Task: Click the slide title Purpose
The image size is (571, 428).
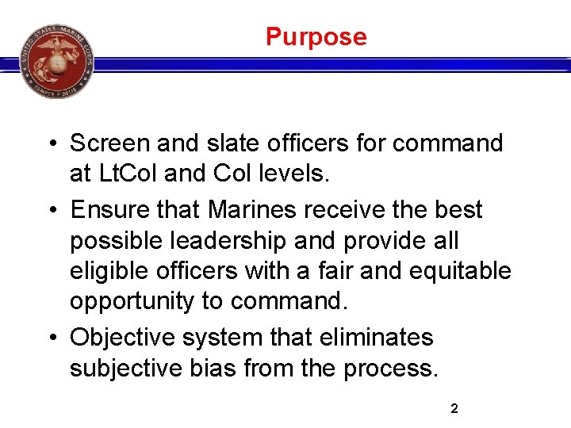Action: [x=316, y=36]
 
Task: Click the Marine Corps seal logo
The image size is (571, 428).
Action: [x=56, y=61]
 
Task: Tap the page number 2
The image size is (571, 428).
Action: [x=454, y=409]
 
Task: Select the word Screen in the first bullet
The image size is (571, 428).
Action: [x=110, y=143]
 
